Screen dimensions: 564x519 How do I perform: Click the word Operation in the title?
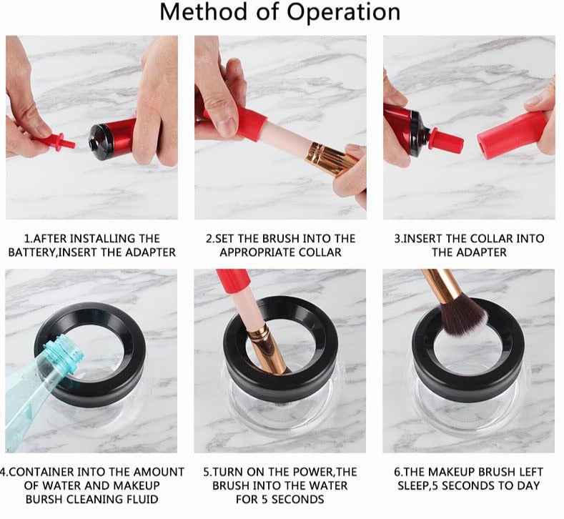point(344,13)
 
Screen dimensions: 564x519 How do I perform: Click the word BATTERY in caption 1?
point(31,252)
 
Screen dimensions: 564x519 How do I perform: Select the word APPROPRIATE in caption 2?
point(257,252)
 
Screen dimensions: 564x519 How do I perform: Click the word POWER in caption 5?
point(307,472)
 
